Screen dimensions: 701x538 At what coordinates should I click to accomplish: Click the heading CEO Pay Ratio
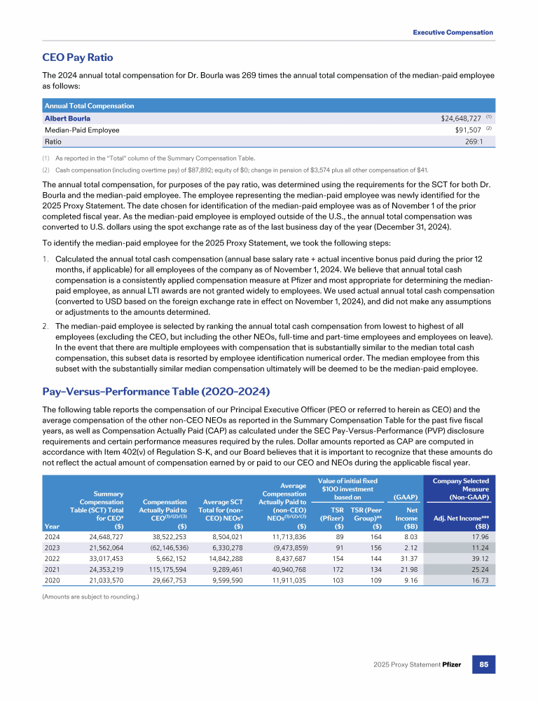78,57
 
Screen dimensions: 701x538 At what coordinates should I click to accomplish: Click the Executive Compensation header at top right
453,32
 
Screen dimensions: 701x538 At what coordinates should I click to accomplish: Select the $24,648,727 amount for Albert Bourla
456,118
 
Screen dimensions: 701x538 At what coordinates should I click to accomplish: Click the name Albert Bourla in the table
67,118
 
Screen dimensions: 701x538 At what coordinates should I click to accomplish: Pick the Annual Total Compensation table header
89,106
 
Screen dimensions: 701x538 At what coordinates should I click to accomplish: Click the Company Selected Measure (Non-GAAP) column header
460,489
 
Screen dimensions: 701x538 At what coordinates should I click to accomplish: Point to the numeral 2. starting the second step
47,325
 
